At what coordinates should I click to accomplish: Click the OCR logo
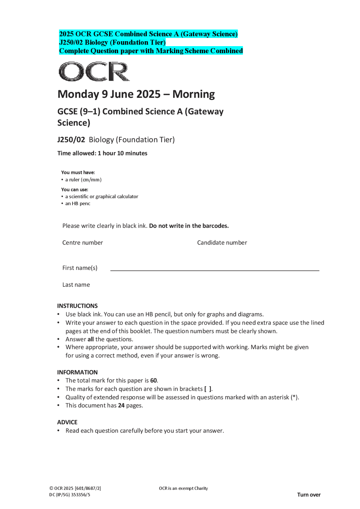94,71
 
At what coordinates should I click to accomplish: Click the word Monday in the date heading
78,94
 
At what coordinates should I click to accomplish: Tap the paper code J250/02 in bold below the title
71,140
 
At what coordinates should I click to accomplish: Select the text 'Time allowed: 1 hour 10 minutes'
102,153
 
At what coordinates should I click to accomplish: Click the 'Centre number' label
82,243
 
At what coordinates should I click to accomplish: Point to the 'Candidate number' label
222,243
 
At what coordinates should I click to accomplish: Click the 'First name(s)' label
80,268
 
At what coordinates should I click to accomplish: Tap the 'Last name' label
76,285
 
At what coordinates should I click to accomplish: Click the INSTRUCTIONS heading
77,306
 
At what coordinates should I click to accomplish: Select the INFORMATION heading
77,372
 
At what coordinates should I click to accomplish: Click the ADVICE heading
67,422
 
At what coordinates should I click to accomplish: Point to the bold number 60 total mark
154,380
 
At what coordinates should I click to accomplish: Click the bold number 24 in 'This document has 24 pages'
121,405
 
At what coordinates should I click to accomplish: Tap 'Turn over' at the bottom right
309,495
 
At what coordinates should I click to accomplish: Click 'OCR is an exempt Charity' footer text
183,488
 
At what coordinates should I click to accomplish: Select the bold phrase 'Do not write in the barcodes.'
189,226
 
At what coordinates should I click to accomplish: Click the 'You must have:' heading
78,172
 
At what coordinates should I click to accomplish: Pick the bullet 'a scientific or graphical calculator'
102,196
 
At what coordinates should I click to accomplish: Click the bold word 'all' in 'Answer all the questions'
91,339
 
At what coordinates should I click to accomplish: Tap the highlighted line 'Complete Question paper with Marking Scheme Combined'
151,51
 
